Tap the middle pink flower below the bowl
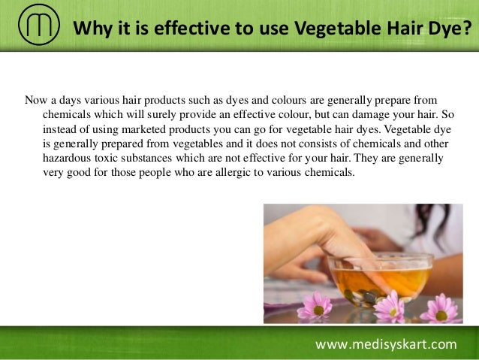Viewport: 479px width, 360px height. (390, 306)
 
